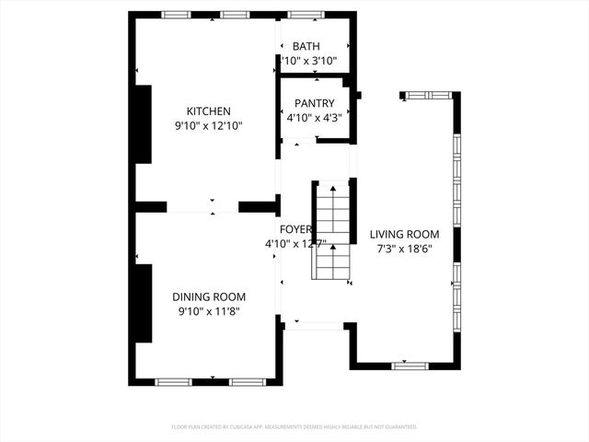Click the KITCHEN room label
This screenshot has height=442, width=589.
[208, 111]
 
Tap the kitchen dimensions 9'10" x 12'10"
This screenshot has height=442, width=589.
[208, 126]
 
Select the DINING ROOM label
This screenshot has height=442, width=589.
[209, 297]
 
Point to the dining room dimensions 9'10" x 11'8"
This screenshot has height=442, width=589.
[209, 311]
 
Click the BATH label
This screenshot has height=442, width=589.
[306, 46]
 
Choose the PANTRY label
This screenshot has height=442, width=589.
[314, 103]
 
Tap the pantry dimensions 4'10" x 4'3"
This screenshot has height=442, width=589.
[314, 118]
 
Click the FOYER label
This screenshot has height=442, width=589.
[296, 229]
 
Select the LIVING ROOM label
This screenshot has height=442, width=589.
[404, 234]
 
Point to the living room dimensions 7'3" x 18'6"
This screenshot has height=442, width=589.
[404, 249]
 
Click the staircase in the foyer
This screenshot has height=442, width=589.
[331, 230]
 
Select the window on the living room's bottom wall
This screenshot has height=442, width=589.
[410, 366]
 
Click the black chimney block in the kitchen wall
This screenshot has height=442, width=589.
[143, 124]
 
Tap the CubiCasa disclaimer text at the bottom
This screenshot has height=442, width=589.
[294, 427]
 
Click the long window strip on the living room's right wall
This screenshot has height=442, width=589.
[456, 230]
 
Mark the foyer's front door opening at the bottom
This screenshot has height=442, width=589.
[315, 324]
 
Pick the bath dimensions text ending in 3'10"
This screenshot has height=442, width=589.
[312, 61]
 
